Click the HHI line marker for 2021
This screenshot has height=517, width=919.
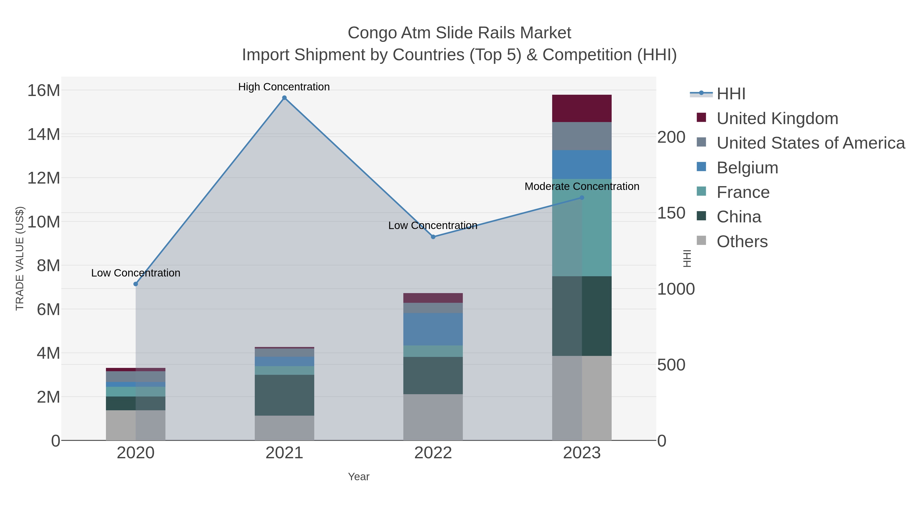coord(284,98)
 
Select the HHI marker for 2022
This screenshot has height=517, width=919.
coord(433,237)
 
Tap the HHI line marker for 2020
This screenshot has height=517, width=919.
coord(136,284)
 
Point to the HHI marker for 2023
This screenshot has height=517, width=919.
coord(582,198)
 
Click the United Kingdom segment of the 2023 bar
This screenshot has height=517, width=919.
coord(582,109)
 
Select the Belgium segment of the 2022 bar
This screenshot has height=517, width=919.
coord(433,329)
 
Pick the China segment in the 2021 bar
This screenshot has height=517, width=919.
coord(284,395)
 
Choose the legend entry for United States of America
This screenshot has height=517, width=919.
coord(811,143)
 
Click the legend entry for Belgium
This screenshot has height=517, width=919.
coord(747,168)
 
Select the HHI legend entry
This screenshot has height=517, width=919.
coord(731,94)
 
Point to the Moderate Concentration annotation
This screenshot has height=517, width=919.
coord(582,187)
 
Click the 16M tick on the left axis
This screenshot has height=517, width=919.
coord(43,91)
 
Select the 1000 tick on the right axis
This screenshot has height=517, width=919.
coord(676,289)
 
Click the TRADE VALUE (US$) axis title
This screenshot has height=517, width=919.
coord(20,258)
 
